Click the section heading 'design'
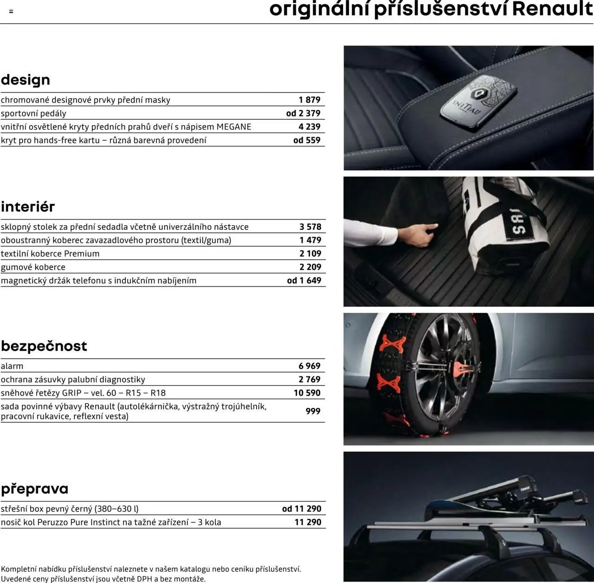(26, 80)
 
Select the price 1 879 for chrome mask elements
(310, 100)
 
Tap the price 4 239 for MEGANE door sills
(310, 127)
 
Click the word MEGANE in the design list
(234, 127)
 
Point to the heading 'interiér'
(28, 207)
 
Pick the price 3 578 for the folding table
(310, 227)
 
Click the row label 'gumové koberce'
(33, 267)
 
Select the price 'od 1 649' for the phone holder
(304, 280)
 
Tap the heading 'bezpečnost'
(44, 346)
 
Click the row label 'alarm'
(12, 366)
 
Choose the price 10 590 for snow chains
(307, 393)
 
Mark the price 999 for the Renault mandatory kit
(313, 411)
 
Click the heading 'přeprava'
(35, 489)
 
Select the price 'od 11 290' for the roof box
(302, 509)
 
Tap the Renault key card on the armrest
(478, 103)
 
